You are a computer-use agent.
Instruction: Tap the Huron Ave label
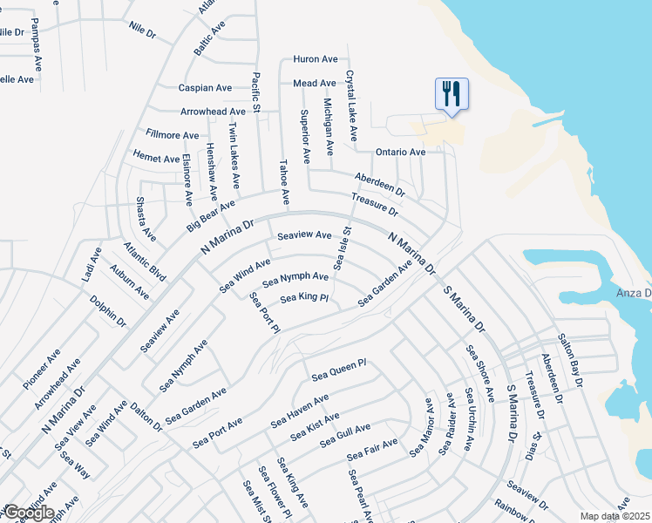pyautogui.click(x=316, y=59)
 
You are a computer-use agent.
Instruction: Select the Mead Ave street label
pyautogui.click(x=315, y=84)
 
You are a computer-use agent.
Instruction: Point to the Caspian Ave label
pyautogui.click(x=205, y=88)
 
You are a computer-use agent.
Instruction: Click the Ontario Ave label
pyautogui.click(x=400, y=152)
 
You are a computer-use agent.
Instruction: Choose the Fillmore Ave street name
pyautogui.click(x=173, y=135)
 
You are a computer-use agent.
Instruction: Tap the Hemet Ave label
pyautogui.click(x=157, y=158)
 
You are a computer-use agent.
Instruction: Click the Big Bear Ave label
pyautogui.click(x=211, y=216)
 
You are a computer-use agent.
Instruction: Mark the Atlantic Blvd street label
pyautogui.click(x=144, y=261)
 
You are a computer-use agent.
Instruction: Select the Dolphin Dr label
pyautogui.click(x=108, y=311)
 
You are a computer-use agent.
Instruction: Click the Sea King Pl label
pyautogui.click(x=303, y=299)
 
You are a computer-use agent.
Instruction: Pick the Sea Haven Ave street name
pyautogui.click(x=299, y=411)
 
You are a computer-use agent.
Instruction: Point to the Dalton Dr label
pyautogui.click(x=146, y=417)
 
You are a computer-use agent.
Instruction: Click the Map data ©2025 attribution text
pyautogui.click(x=615, y=516)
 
